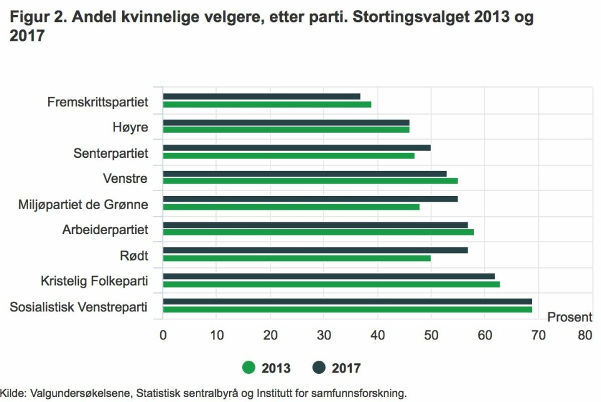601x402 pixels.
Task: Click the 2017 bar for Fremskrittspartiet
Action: pyautogui.click(x=262, y=96)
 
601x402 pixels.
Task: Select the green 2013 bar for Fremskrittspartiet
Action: pyautogui.click(x=267, y=104)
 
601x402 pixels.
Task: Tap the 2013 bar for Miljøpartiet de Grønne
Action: pyautogui.click(x=291, y=207)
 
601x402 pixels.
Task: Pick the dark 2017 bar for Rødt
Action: pyautogui.click(x=315, y=250)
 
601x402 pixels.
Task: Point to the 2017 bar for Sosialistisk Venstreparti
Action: pyautogui.click(x=347, y=302)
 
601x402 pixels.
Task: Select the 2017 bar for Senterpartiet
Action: pyautogui.click(x=297, y=148)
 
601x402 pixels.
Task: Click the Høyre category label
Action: pyautogui.click(x=130, y=127)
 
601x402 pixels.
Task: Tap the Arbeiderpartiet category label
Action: pyautogui.click(x=105, y=230)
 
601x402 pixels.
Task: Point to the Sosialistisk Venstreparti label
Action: pyautogui.click(x=79, y=307)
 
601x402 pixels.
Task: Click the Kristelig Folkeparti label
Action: pyautogui.click(x=94, y=281)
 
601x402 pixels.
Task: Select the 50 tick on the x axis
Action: pyautogui.click(x=431, y=336)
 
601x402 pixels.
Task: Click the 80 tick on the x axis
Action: pyautogui.click(x=585, y=336)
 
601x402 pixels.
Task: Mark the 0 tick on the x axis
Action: pyautogui.click(x=163, y=336)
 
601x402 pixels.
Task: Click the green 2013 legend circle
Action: pyautogui.click(x=249, y=368)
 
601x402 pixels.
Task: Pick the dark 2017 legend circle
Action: pyautogui.click(x=319, y=368)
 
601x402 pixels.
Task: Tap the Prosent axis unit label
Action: pyautogui.click(x=570, y=317)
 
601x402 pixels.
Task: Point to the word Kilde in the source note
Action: pyautogui.click(x=12, y=393)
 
